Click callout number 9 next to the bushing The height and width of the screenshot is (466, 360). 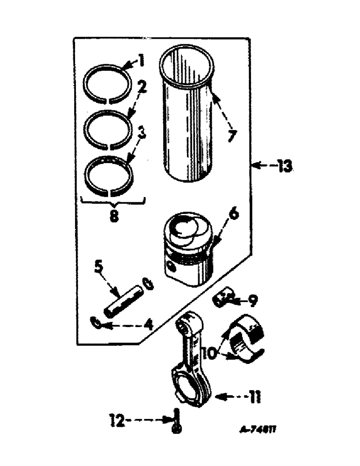(x=252, y=302)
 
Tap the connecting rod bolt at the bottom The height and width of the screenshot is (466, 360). (x=176, y=421)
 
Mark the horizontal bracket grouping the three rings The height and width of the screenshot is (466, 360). (x=112, y=201)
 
